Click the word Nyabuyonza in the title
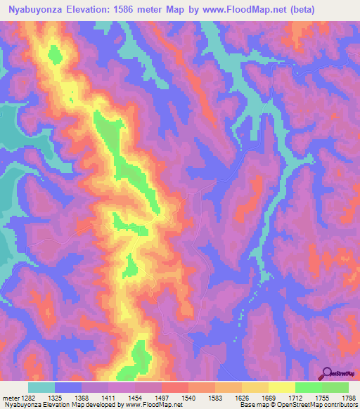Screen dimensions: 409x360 (34, 9)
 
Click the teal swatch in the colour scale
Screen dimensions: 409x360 (41, 387)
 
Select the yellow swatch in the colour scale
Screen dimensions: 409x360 (282, 387)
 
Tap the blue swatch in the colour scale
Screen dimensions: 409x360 (68, 387)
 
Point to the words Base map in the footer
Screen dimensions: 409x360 (252, 404)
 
